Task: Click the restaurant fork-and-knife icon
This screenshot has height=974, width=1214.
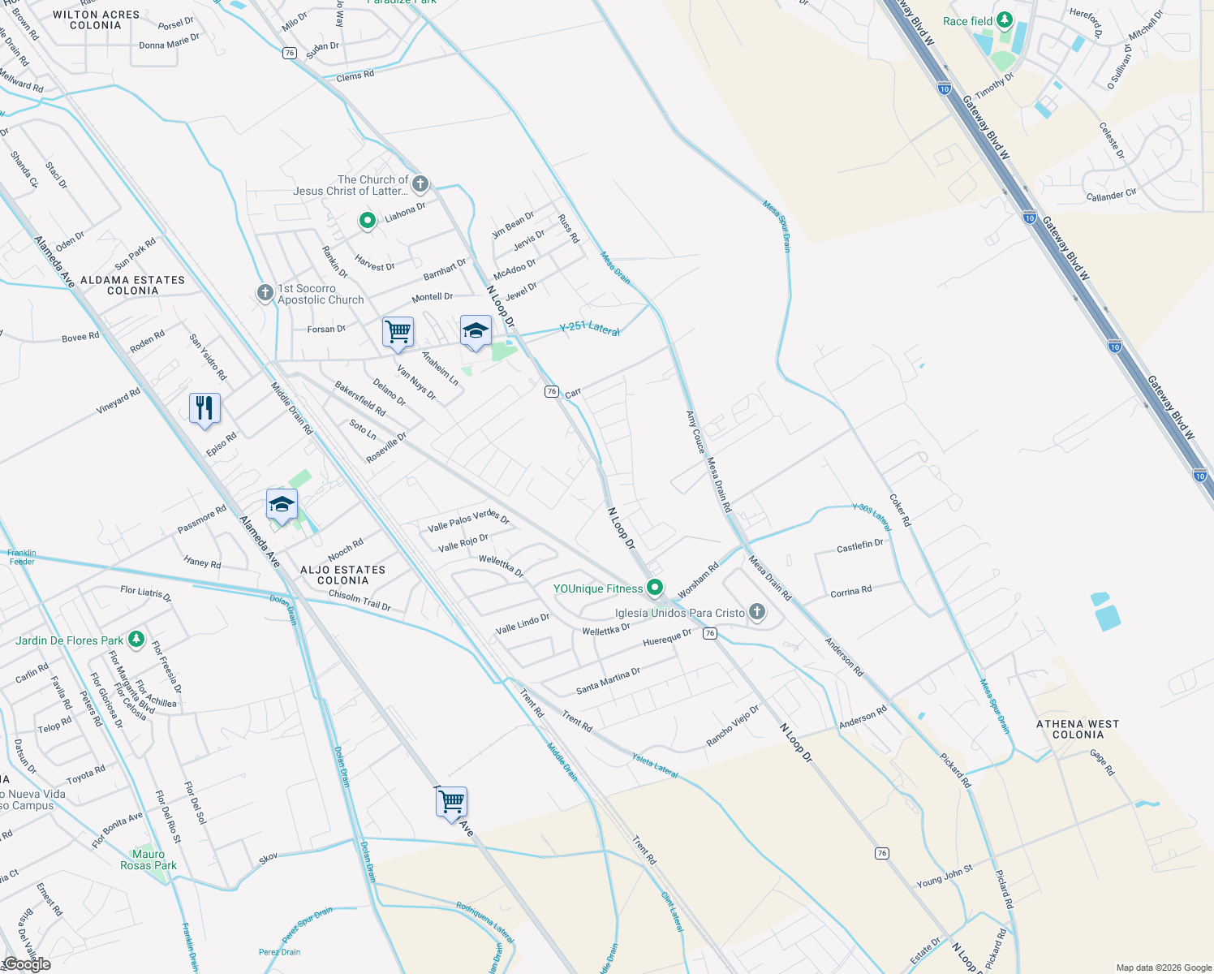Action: [x=204, y=407]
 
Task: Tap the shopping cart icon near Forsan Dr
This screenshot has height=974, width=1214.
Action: [x=398, y=331]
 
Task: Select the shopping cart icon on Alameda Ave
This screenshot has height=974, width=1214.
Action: [x=451, y=802]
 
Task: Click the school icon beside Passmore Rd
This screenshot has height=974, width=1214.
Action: [x=282, y=505]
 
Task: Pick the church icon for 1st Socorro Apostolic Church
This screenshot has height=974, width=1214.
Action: [x=265, y=293]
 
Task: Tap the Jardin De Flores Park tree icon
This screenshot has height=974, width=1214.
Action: [x=136, y=640]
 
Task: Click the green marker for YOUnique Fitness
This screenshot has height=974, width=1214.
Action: [x=655, y=588]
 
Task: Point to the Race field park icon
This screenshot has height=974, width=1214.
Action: [x=1005, y=19]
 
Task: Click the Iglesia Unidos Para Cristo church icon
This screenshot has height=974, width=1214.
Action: [x=757, y=612]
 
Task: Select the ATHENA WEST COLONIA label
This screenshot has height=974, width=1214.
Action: [x=1078, y=729]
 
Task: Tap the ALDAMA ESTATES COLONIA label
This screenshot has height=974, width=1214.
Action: [x=132, y=285]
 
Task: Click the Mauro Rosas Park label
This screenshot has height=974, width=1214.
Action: [x=149, y=860]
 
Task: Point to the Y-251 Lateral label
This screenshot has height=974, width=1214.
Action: [x=590, y=329]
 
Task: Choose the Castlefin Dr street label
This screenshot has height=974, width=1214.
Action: [x=859, y=546]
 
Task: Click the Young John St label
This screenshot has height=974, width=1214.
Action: [x=945, y=877]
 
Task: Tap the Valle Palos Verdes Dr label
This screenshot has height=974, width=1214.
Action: [x=468, y=521]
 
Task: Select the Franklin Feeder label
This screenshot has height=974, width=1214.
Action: [x=22, y=557]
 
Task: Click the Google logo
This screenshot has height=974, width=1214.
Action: [x=27, y=964]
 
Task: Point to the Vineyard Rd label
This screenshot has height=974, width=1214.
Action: [x=118, y=401]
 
